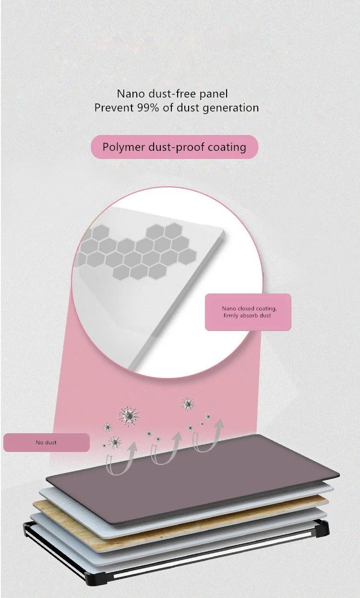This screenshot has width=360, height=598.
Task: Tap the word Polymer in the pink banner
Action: coord(124,146)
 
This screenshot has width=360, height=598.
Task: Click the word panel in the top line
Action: coord(214,93)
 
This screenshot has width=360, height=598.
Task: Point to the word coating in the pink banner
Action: coord(227,146)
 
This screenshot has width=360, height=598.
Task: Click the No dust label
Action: coord(46,442)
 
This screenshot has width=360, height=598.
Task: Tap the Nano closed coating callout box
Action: coord(248,312)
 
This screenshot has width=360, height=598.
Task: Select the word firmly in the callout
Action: coord(233,316)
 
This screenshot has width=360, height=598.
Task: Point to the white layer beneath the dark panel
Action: coord(62,495)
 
